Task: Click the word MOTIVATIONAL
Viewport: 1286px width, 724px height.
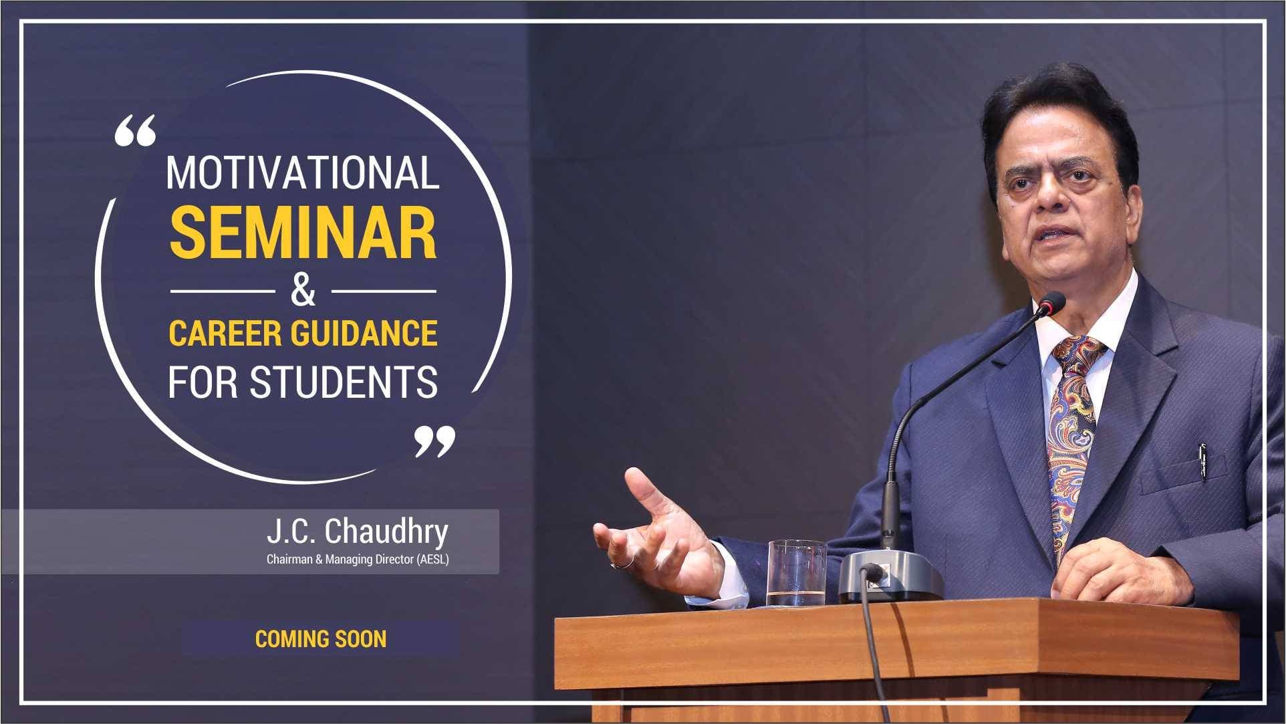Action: point(302,172)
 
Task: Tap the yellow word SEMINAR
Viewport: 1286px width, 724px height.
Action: point(303,233)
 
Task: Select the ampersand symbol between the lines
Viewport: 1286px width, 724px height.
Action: point(303,291)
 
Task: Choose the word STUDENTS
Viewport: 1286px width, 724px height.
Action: point(344,382)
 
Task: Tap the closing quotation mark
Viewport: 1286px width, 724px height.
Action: point(434,442)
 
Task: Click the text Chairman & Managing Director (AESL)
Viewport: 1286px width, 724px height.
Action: point(358,560)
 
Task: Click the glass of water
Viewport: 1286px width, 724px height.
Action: point(796,573)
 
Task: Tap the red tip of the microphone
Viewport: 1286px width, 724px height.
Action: point(1053,303)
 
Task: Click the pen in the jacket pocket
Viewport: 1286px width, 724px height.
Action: point(1202,462)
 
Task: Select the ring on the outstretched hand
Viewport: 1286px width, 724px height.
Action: point(624,564)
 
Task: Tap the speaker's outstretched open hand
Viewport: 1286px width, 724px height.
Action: point(658,531)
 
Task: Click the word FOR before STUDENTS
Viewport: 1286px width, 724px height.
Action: point(205,382)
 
